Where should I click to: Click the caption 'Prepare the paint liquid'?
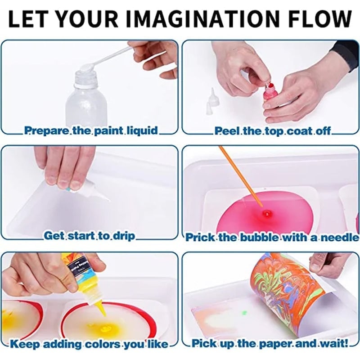[x=91, y=131]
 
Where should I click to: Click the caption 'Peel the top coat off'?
[x=272, y=131]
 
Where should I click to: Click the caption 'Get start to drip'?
[x=89, y=236]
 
